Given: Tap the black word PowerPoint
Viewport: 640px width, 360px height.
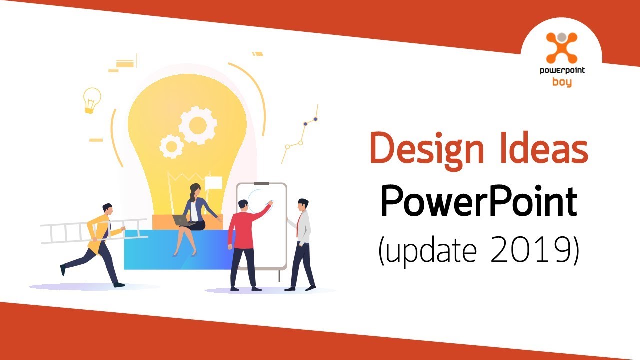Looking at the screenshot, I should pos(478,203).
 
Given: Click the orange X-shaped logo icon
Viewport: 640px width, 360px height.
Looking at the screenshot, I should pos(561,48).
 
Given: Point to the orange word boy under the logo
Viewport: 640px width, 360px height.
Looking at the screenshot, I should pos(562,82).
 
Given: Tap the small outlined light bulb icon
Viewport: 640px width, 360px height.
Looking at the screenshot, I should pos(92,99).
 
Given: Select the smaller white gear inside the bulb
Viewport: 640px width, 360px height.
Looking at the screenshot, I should pos(171,145).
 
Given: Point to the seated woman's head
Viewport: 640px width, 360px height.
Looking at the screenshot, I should pos(194,190).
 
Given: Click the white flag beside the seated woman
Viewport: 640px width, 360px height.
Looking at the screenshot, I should pos(214,182).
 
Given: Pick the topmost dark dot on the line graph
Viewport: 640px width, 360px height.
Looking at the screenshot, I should pos(315,119).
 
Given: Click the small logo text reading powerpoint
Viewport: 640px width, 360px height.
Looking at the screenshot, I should pos(562,71).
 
